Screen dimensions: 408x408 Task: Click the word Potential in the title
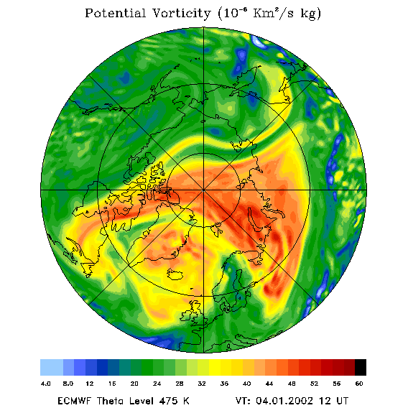(115, 13)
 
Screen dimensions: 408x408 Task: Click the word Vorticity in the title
(181, 14)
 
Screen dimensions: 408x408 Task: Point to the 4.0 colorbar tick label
(46, 384)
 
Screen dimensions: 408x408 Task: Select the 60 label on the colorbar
(359, 384)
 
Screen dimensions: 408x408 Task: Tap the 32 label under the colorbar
(202, 384)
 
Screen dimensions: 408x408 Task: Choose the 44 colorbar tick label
(269, 384)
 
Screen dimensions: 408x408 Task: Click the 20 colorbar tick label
(134, 384)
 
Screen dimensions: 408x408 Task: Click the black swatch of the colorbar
(361, 367)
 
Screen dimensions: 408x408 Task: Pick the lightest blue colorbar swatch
(52, 367)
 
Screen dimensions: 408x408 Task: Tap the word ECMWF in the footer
(74, 401)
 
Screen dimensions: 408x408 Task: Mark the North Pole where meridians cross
(204, 190)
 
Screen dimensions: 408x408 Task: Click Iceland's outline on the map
(175, 274)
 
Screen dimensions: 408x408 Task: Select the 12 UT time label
(334, 401)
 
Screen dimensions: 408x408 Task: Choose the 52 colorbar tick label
(315, 384)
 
